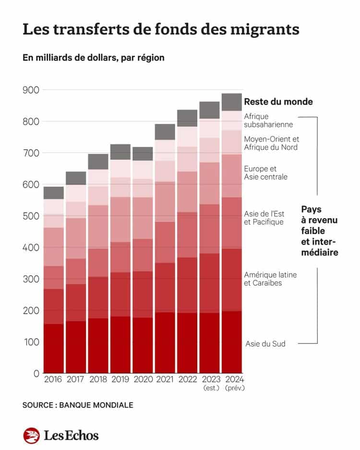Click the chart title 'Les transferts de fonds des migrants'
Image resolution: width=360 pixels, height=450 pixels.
tap(161, 30)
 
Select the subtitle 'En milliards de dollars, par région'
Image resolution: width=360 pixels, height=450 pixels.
tap(93, 58)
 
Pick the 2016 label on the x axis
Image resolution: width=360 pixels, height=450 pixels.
tap(53, 379)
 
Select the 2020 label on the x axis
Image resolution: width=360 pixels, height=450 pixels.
tap(143, 379)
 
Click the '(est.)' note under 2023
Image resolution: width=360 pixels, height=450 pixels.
tap(210, 388)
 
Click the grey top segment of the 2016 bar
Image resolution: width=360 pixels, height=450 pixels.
tap(53, 193)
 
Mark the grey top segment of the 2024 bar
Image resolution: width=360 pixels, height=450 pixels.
tap(232, 102)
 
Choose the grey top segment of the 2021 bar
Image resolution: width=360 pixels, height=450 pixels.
tap(165, 131)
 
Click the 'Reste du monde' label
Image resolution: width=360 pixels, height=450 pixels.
tap(278, 102)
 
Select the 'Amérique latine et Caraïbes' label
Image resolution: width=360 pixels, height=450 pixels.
tap(270, 279)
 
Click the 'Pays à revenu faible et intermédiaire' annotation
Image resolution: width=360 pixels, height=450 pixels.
tap(319, 231)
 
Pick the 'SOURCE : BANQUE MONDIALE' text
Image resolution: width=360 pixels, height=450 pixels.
tap(78, 405)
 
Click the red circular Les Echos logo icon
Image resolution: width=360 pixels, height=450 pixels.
tap(31, 435)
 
